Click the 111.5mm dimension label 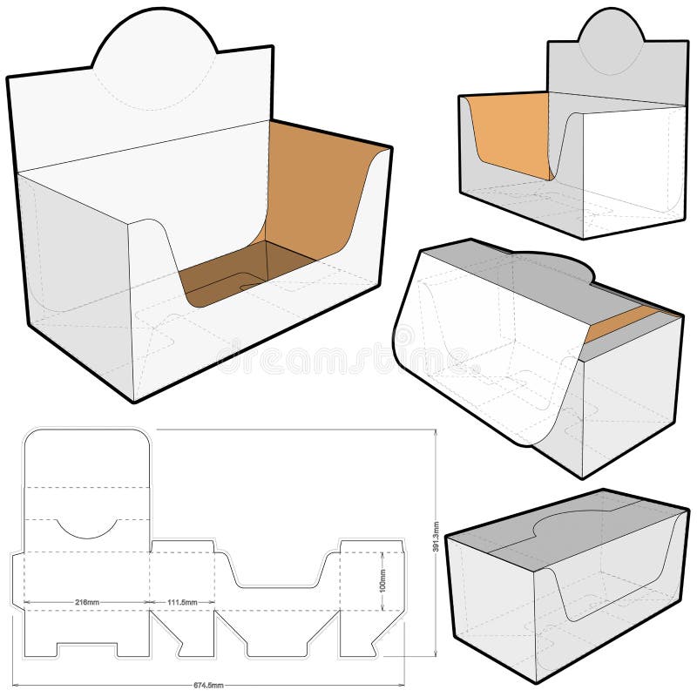[181, 602]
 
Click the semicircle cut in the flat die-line [86, 528]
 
